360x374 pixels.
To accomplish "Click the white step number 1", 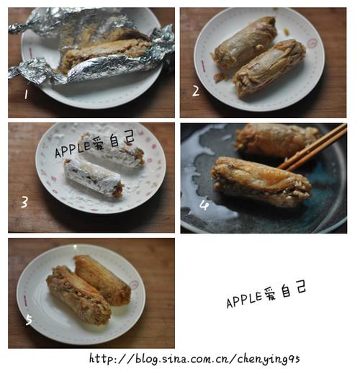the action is [x=26, y=94].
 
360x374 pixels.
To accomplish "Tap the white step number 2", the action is [x=196, y=92].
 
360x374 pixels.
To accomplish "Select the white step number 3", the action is [x=24, y=202].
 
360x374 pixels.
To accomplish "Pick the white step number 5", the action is [x=29, y=320].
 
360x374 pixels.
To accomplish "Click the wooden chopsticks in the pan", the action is [x=312, y=146].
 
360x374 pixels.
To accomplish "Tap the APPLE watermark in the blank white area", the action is [x=266, y=295].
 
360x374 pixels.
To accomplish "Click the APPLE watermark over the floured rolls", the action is [x=94, y=144].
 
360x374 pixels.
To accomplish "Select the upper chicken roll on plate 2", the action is [x=246, y=43].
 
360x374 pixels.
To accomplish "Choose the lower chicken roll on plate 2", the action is [x=270, y=68].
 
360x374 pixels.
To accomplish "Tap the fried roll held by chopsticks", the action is [x=261, y=182].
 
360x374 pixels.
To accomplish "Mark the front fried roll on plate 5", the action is [x=78, y=295].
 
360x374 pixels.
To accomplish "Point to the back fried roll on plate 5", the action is [x=103, y=280].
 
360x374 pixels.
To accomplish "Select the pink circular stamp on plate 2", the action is [x=312, y=43].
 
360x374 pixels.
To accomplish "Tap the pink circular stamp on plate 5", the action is [x=134, y=285].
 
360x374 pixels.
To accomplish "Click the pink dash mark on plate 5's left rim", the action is [x=25, y=301].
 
